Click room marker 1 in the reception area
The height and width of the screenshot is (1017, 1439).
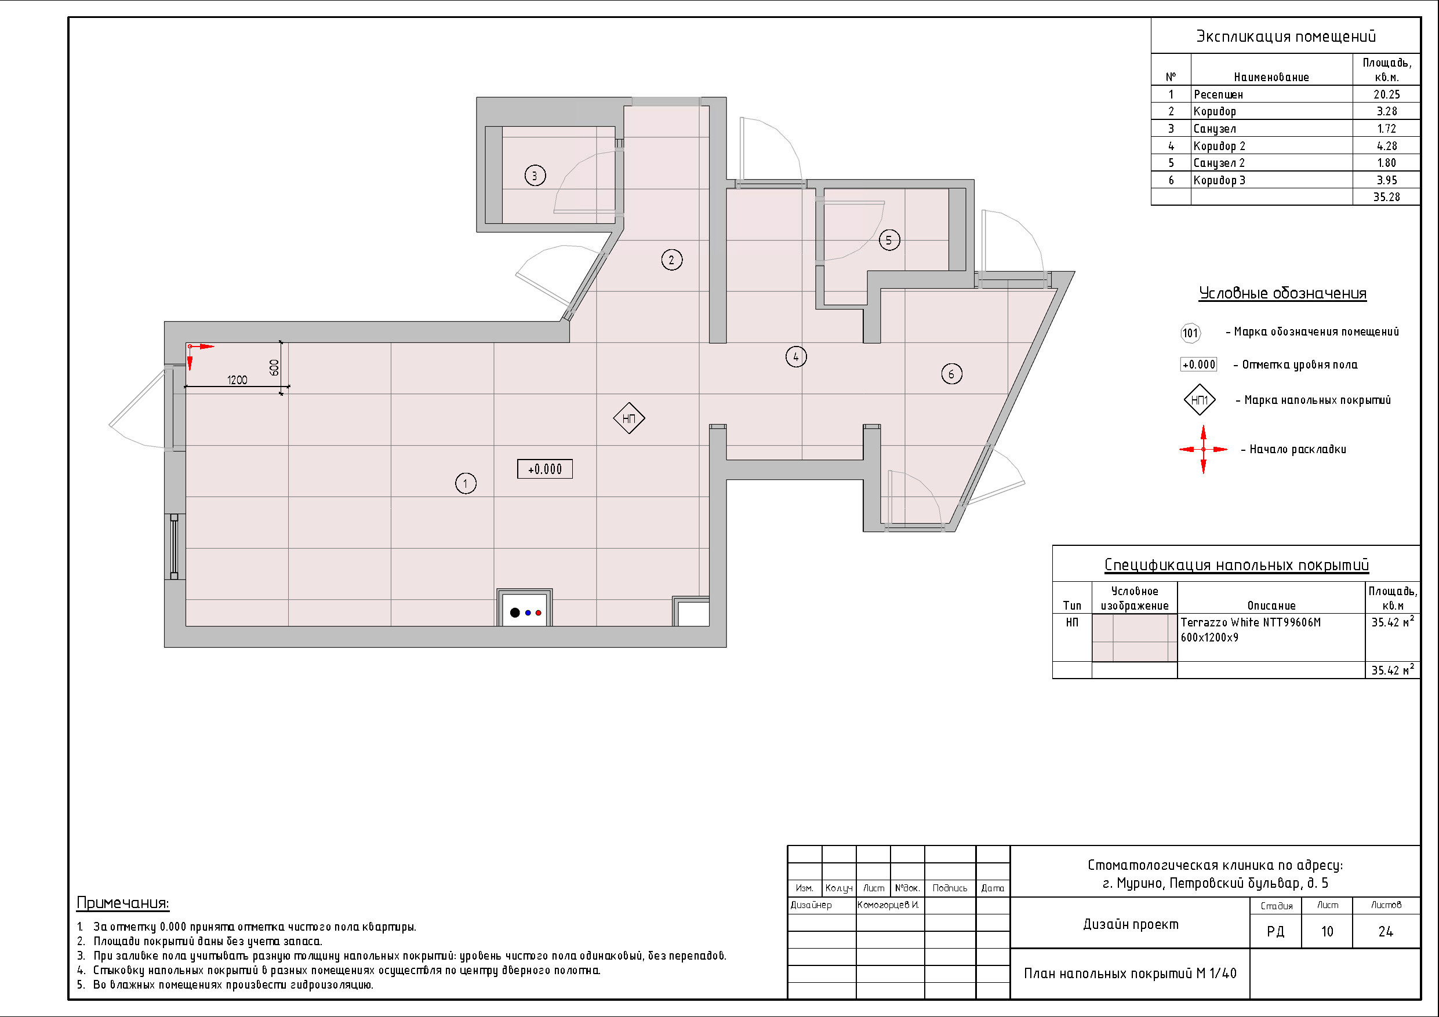pyautogui.click(x=465, y=483)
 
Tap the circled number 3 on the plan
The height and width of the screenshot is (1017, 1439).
pyautogui.click(x=535, y=176)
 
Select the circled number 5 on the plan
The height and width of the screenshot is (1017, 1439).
pyautogui.click(x=889, y=240)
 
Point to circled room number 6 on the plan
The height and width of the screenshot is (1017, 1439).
pyautogui.click(x=951, y=374)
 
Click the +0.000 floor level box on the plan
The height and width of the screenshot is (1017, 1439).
pyautogui.click(x=544, y=469)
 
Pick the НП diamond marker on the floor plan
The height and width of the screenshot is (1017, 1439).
pyautogui.click(x=628, y=418)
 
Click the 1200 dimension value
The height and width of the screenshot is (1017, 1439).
pyautogui.click(x=237, y=380)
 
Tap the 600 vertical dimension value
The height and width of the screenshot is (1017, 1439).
pyautogui.click(x=274, y=367)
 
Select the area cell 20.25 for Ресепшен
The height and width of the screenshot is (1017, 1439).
pyautogui.click(x=1386, y=94)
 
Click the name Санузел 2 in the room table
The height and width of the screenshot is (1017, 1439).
pyautogui.click(x=1219, y=163)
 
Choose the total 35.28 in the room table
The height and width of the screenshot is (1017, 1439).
pyautogui.click(x=1386, y=197)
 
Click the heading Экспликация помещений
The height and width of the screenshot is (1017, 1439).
pyautogui.click(x=1286, y=37)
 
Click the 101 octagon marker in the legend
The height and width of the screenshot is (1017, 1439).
pyautogui.click(x=1190, y=333)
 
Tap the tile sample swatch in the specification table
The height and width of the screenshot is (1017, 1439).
pyautogui.click(x=1135, y=638)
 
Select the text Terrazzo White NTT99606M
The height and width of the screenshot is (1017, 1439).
pyautogui.click(x=1251, y=622)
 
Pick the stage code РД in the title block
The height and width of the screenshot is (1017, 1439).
pyautogui.click(x=1276, y=932)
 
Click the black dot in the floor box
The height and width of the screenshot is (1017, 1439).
pyautogui.click(x=515, y=613)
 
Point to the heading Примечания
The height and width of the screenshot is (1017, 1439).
pyautogui.click(x=123, y=903)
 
